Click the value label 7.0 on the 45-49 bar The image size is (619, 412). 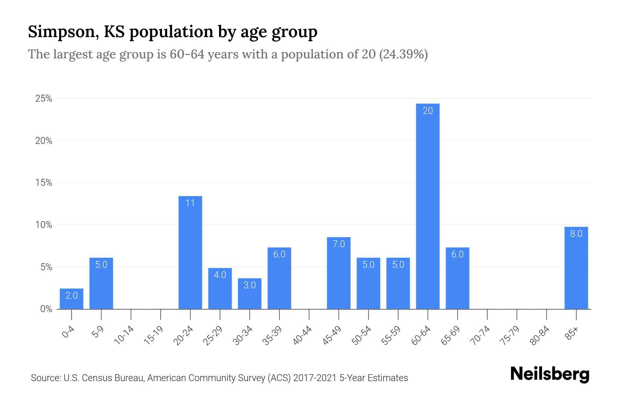(x=339, y=244)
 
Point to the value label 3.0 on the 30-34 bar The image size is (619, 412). (x=250, y=285)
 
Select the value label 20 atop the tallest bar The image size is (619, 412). (x=427, y=111)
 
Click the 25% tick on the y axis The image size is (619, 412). (x=44, y=99)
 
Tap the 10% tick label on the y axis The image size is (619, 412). (x=44, y=225)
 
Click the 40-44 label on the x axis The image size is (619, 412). (x=303, y=335)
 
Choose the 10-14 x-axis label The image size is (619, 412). (x=124, y=335)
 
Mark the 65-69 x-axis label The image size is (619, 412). (x=451, y=335)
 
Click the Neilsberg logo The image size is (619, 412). (x=550, y=374)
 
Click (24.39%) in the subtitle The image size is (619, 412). (x=403, y=54)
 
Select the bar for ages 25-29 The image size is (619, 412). (x=220, y=290)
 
